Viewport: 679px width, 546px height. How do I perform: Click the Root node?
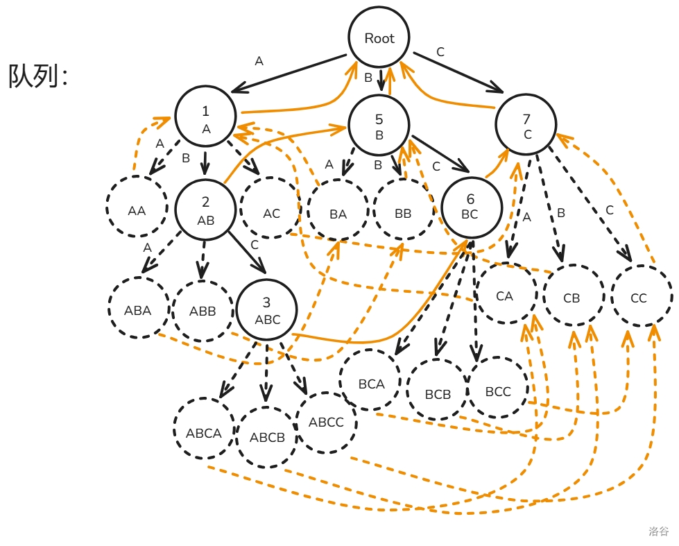point(379,39)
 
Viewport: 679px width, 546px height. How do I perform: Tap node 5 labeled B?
point(379,126)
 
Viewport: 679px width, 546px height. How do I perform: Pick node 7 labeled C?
point(527,126)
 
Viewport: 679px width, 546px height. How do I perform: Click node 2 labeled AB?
point(206,210)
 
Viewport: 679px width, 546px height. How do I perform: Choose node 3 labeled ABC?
point(267,309)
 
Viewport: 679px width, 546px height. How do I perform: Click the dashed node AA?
point(137,210)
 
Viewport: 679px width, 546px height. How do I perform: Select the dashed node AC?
point(271,212)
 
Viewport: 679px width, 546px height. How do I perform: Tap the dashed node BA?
point(338,214)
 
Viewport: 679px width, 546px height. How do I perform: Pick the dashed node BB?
point(403,214)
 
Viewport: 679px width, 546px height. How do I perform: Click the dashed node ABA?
point(138,309)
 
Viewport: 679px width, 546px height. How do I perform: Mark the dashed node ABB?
point(203,310)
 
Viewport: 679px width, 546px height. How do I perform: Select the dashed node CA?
point(505,296)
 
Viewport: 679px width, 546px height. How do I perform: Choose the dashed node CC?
point(639,297)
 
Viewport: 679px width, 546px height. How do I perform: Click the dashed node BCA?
point(371,383)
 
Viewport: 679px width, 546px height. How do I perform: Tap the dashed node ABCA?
point(204,432)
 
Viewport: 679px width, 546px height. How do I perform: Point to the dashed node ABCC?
point(326,421)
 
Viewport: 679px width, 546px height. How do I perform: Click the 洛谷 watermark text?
point(658,531)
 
